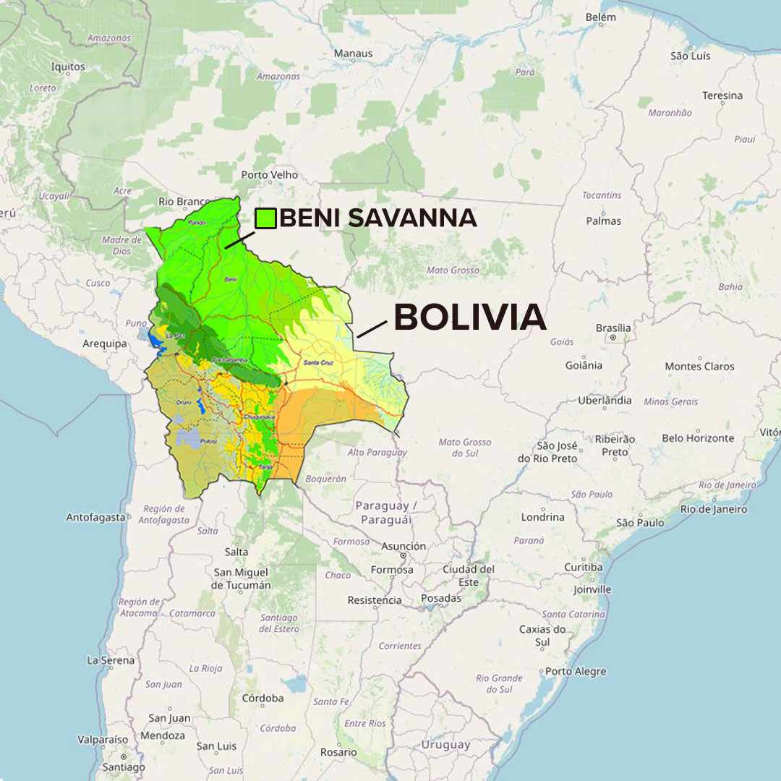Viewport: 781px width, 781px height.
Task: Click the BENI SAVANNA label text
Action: (377, 218)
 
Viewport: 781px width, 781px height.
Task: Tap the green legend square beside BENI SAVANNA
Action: (265, 218)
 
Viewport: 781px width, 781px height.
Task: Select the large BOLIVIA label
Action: (469, 317)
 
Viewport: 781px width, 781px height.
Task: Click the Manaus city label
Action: (353, 53)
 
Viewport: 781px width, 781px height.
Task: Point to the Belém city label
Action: (600, 17)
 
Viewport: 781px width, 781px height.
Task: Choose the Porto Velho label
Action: (269, 175)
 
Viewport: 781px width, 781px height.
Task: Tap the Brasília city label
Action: (613, 328)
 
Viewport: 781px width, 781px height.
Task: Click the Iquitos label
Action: (68, 67)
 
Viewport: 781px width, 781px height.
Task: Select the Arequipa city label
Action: (105, 343)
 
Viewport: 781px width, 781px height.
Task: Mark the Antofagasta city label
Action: (95, 517)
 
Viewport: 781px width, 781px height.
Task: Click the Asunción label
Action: (404, 547)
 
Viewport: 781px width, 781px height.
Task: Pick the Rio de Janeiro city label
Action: (714, 509)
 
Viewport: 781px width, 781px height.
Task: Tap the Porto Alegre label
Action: (576, 671)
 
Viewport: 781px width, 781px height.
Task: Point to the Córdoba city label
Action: (263, 698)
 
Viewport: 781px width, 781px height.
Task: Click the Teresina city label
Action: (722, 95)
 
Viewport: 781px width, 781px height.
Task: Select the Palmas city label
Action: (603, 221)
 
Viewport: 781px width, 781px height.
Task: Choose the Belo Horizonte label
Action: (698, 438)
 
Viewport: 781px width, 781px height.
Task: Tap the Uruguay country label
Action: (445, 744)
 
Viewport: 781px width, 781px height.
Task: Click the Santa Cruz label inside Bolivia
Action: (317, 362)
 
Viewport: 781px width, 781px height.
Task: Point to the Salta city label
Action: (236, 552)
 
